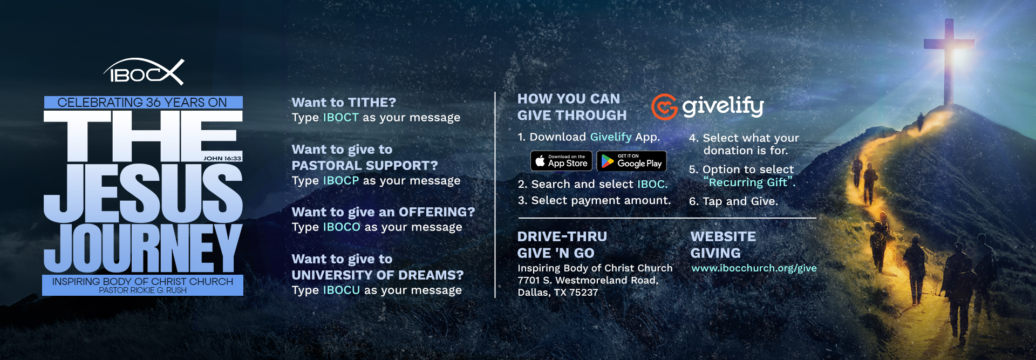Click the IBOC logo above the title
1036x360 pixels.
click(x=144, y=72)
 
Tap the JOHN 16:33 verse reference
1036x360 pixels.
click(x=222, y=158)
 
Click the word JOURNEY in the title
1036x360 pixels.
click(x=143, y=248)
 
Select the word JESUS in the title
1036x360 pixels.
click(x=143, y=193)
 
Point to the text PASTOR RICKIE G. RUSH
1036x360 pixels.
click(x=143, y=290)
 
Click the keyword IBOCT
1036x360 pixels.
click(x=340, y=118)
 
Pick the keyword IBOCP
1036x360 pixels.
click(x=340, y=181)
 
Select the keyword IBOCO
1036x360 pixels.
click(x=342, y=227)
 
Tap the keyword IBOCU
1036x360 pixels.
click(x=341, y=290)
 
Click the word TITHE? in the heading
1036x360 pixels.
click(x=372, y=103)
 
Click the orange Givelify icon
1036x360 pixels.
click(x=664, y=106)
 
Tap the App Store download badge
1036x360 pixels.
click(x=561, y=161)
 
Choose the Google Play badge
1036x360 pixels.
click(x=631, y=161)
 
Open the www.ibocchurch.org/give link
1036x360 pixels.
click(x=754, y=268)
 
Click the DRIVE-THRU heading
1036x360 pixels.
click(x=562, y=236)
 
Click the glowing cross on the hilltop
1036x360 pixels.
click(x=949, y=59)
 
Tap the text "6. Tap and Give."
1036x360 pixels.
click(x=733, y=201)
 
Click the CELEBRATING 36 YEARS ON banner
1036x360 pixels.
click(x=142, y=103)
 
